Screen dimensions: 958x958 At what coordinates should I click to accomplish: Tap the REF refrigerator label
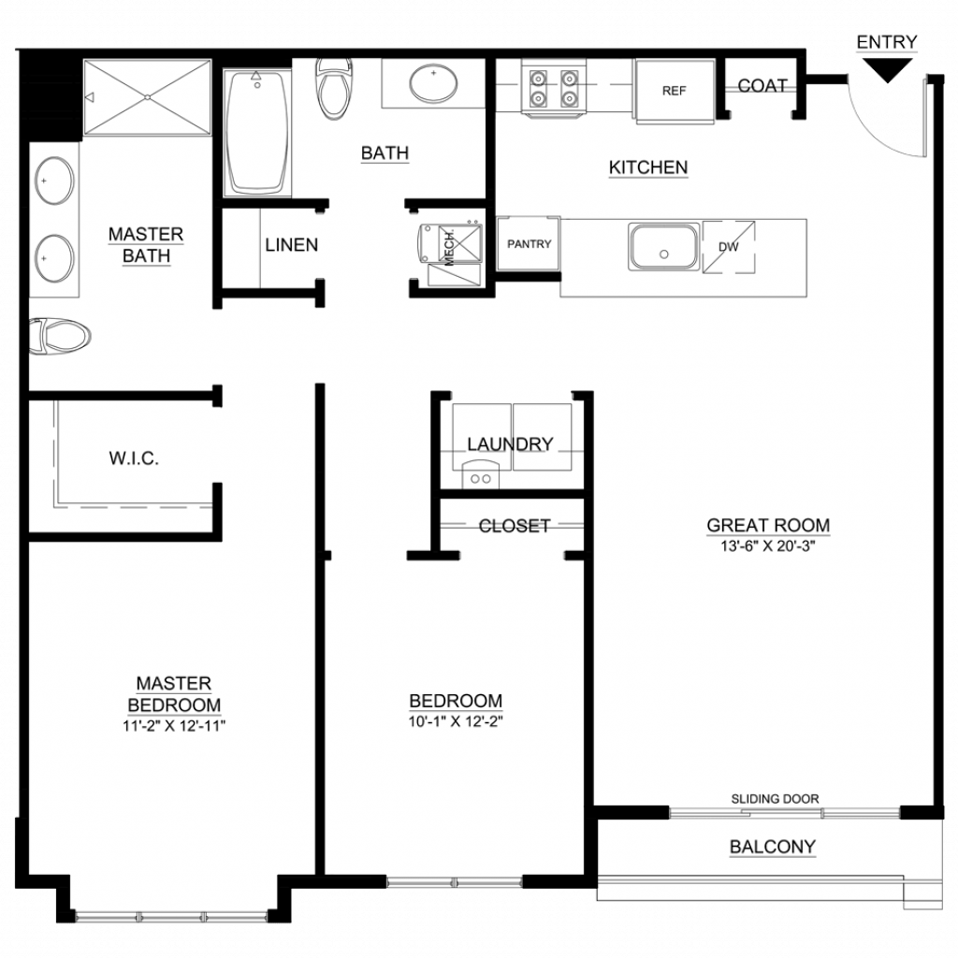pyautogui.click(x=674, y=91)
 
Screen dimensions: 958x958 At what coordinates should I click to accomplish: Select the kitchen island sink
pyautogui.click(x=664, y=247)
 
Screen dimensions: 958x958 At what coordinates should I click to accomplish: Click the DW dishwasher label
pyautogui.click(x=728, y=247)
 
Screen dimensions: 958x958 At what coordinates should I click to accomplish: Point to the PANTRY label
pyautogui.click(x=530, y=244)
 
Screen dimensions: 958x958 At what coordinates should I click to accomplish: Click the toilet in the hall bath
pyautogui.click(x=334, y=89)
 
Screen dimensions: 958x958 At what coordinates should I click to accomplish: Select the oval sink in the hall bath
pyautogui.click(x=434, y=83)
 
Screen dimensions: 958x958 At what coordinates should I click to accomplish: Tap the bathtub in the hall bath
pyautogui.click(x=256, y=133)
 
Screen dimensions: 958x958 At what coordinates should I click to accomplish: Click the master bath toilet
pyautogui.click(x=60, y=336)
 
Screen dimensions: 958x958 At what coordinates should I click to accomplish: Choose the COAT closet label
pyautogui.click(x=762, y=85)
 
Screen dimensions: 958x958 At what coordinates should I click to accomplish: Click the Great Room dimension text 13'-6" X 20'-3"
pyautogui.click(x=768, y=545)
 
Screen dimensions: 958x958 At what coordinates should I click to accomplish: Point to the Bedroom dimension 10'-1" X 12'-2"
pyautogui.click(x=456, y=721)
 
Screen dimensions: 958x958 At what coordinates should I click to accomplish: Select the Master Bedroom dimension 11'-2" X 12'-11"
pyautogui.click(x=174, y=726)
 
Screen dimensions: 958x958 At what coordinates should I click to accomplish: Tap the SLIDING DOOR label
pyautogui.click(x=775, y=799)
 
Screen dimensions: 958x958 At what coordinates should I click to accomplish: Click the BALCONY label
pyautogui.click(x=772, y=847)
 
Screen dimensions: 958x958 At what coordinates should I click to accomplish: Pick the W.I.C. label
pyautogui.click(x=134, y=458)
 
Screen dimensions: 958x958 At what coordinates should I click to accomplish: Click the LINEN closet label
pyautogui.click(x=292, y=245)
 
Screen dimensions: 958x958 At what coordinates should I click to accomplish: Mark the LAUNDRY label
pyautogui.click(x=510, y=444)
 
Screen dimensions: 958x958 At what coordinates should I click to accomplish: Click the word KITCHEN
pyautogui.click(x=648, y=167)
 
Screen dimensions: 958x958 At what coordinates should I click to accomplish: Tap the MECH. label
pyautogui.click(x=449, y=248)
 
